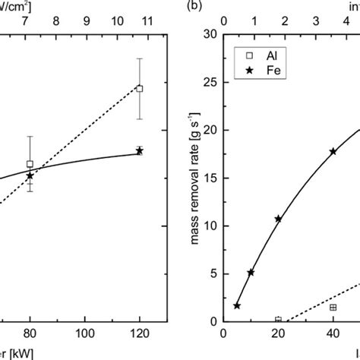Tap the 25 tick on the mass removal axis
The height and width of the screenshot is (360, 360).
pyautogui.click(x=213, y=82)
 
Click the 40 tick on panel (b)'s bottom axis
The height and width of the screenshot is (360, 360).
pyautogui.click(x=333, y=334)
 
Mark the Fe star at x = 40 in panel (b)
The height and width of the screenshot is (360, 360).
pyautogui.click(x=333, y=151)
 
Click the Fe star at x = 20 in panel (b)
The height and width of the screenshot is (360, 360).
pyautogui.click(x=278, y=219)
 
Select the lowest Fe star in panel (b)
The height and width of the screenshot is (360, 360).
pyautogui.click(x=237, y=305)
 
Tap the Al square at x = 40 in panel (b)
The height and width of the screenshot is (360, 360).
pyautogui.click(x=333, y=307)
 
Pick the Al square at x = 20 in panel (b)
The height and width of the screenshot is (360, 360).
pyautogui.click(x=278, y=320)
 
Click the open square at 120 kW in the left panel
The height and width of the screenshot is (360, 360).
pyautogui.click(x=139, y=88)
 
